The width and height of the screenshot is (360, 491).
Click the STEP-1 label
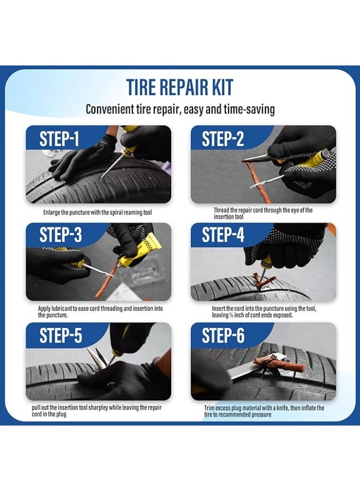pyautogui.click(x=59, y=139)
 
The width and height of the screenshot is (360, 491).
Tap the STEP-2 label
pyautogui.click(x=223, y=139)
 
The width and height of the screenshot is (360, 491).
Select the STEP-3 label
pyautogui.click(x=61, y=235)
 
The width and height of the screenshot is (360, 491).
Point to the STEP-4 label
pyautogui.click(x=223, y=235)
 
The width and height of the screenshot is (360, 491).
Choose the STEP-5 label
pyautogui.click(x=61, y=336)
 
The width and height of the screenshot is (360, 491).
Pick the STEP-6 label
pyautogui.click(x=223, y=336)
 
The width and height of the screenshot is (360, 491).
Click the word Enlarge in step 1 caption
pyautogui.click(x=51, y=213)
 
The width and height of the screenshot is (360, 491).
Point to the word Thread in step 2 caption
pyautogui.click(x=221, y=210)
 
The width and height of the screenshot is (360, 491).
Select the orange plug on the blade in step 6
pyautogui.click(x=279, y=364)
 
